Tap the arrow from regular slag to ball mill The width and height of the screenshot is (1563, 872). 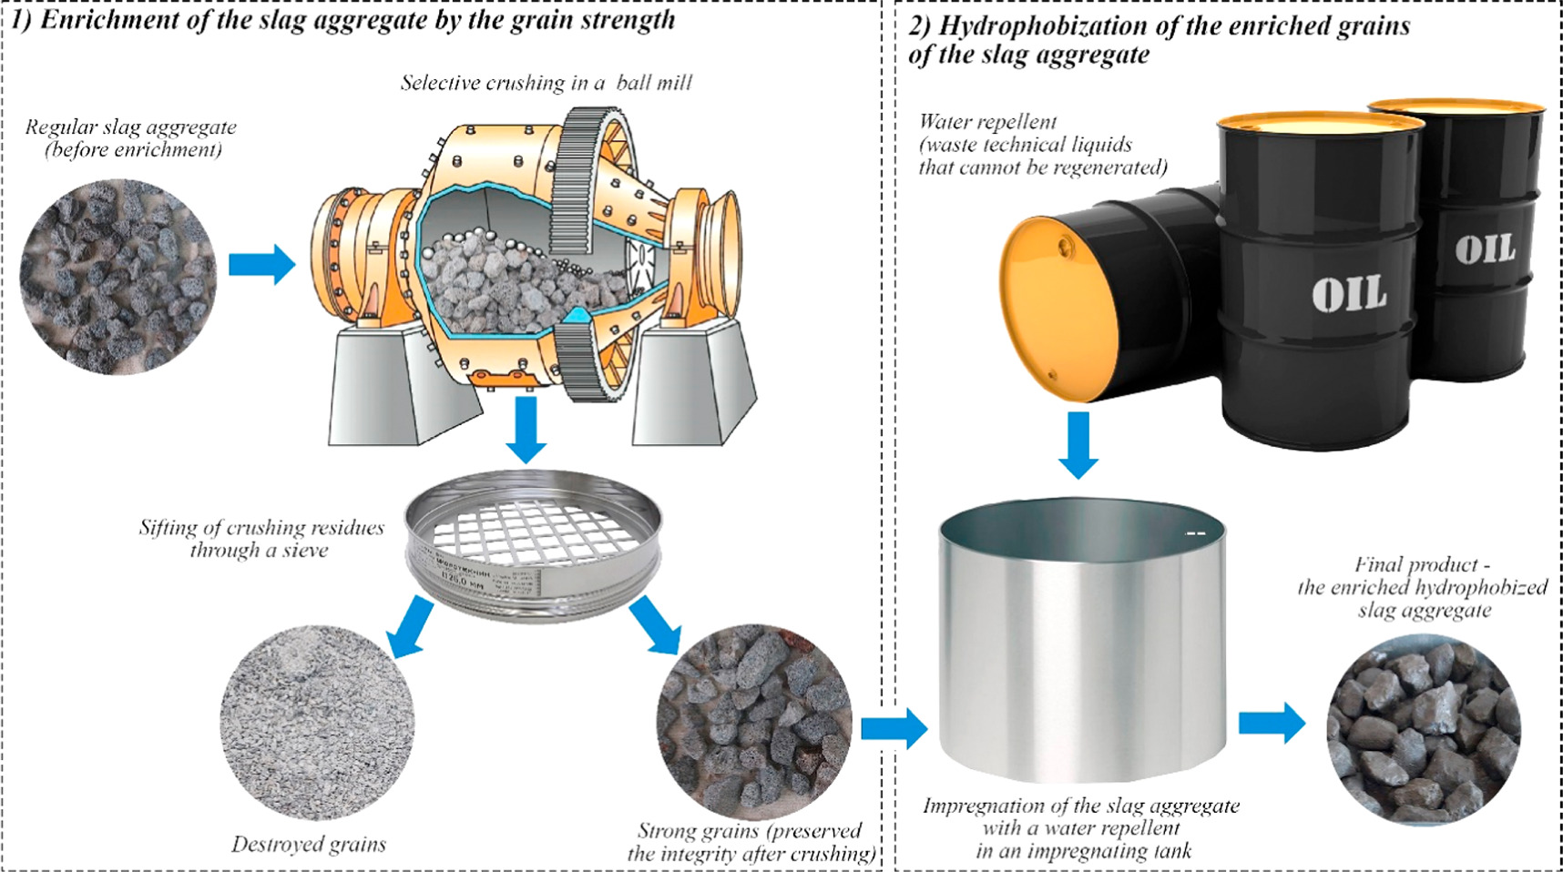[261, 265]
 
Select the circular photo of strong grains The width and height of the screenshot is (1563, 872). [753, 723]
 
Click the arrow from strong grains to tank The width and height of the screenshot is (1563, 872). [893, 728]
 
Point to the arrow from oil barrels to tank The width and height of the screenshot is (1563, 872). [1078, 445]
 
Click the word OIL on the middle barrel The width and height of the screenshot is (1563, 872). [1349, 293]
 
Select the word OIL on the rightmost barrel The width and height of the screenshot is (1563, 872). [1485, 248]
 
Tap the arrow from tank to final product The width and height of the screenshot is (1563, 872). [1272, 724]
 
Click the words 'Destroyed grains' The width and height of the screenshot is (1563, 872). [308, 845]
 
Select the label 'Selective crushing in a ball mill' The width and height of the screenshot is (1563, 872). [546, 83]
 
